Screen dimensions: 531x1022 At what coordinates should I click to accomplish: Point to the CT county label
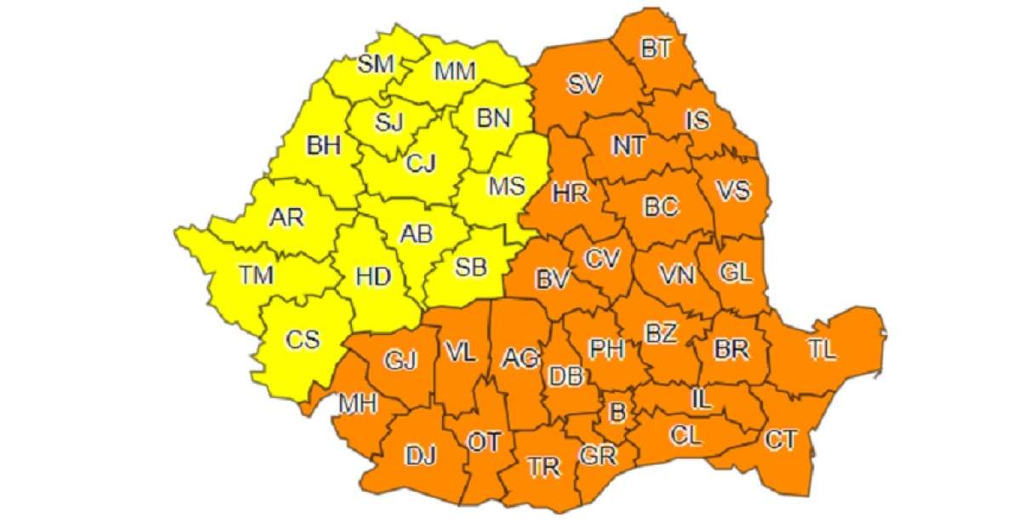(780, 440)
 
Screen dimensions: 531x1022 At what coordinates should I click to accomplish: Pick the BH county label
(324, 146)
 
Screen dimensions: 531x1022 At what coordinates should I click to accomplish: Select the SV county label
(585, 84)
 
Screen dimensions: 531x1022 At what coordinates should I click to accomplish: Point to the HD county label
(373, 276)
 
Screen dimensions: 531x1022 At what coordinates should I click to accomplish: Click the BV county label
(552, 278)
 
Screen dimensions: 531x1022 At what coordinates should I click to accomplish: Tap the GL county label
(735, 273)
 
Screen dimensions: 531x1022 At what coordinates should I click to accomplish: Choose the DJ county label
(420, 457)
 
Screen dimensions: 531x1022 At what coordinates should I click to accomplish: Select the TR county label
(543, 466)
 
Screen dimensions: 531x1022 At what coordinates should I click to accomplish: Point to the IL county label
(701, 396)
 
